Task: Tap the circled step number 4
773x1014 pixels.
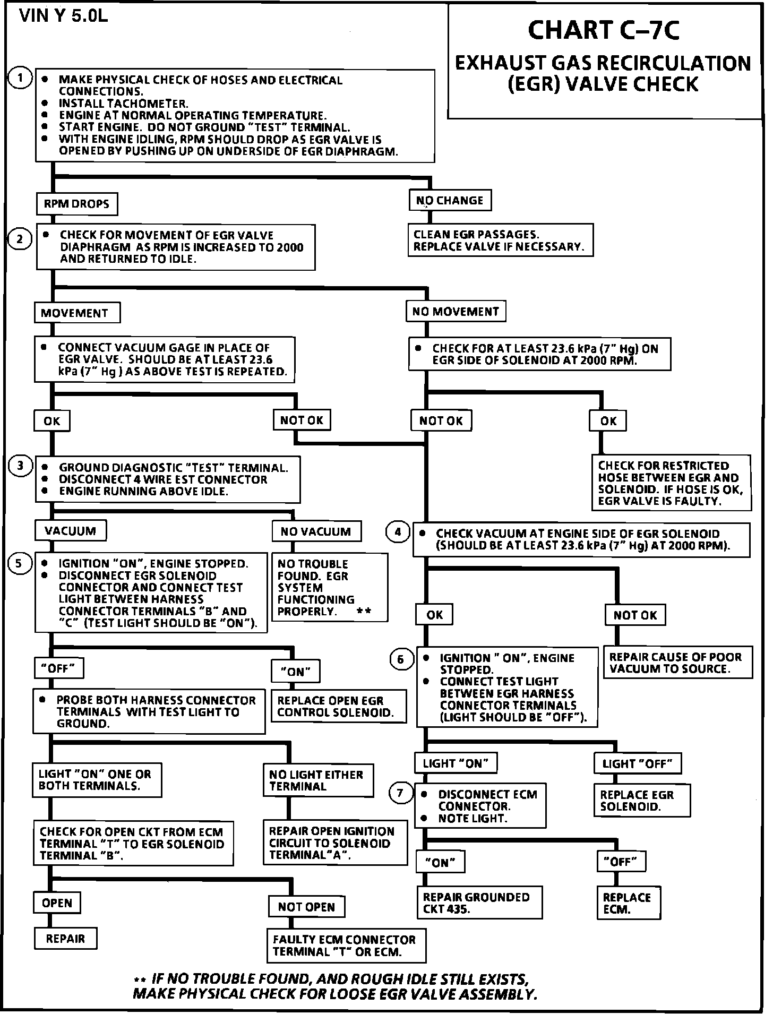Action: pyautogui.click(x=398, y=531)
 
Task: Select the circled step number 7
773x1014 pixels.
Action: pyautogui.click(x=400, y=794)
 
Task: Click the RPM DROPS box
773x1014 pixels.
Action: pyautogui.click(x=77, y=204)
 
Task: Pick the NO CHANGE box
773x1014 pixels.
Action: pyautogui.click(x=450, y=201)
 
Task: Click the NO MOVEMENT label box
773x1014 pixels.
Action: pyautogui.click(x=456, y=312)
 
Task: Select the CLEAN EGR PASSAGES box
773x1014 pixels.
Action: pyautogui.click(x=500, y=240)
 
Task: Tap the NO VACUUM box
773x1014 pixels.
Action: pyautogui.click(x=316, y=531)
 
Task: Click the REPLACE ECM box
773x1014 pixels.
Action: pyautogui.click(x=628, y=903)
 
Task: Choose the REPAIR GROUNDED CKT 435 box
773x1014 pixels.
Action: pyautogui.click(x=479, y=903)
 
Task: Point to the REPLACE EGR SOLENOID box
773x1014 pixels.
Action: pyautogui.click(x=641, y=801)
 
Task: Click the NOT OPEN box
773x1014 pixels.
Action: pyautogui.click(x=306, y=907)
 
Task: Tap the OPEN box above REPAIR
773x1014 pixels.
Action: pyautogui.click(x=57, y=903)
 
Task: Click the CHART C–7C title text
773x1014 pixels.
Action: pyautogui.click(x=604, y=30)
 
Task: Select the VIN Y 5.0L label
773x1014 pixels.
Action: pyautogui.click(x=64, y=16)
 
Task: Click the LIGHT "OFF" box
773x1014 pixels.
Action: pyautogui.click(x=637, y=764)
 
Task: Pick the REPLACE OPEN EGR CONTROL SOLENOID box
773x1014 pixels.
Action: pyautogui.click(x=338, y=707)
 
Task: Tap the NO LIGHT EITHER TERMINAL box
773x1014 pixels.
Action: pyautogui.click(x=317, y=780)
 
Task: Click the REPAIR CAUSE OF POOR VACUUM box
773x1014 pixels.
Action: pyautogui.click(x=677, y=663)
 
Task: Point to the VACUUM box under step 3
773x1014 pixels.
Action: pyautogui.click(x=70, y=531)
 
